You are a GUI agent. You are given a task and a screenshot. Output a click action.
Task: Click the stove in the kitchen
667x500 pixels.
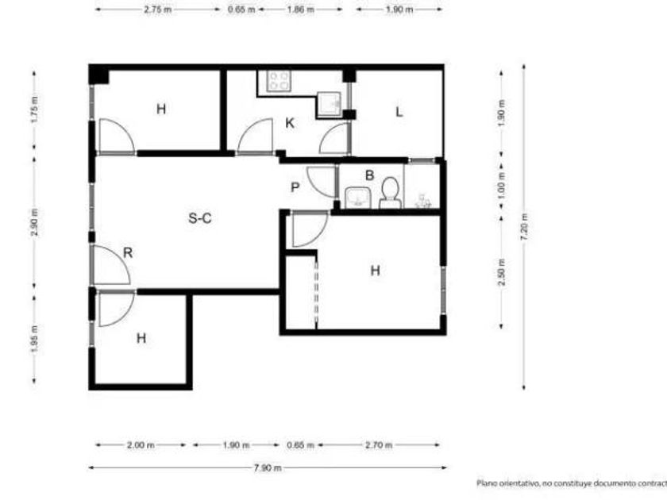coord(279,81)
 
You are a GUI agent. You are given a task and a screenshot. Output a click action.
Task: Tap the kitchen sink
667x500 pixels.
coord(329,103)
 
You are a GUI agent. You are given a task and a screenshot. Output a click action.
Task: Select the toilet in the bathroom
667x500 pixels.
coord(390,194)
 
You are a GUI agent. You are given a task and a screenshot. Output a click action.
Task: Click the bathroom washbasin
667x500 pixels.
coord(358,198)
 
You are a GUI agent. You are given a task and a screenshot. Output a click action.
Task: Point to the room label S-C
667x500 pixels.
coord(200,218)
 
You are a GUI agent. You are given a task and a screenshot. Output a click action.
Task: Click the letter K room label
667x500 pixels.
coord(290,123)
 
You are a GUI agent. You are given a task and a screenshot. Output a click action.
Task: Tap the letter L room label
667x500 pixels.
coord(399,112)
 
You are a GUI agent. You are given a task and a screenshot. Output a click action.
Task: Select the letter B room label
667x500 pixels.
coord(370,175)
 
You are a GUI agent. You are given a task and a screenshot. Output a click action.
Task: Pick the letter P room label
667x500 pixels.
coord(295,187)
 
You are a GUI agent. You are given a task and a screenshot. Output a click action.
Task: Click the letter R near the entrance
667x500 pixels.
coord(128,252)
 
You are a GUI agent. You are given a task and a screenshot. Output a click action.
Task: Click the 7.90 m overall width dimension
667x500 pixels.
coord(268,467)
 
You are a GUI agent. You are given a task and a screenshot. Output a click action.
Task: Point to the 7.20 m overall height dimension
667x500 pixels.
coord(524,227)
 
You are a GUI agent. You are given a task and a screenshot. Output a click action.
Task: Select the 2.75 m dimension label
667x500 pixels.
coord(157,10)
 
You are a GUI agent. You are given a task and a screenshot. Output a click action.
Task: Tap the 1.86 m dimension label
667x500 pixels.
coord(300,10)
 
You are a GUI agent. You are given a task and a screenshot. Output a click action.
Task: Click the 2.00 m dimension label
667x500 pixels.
coord(141,445)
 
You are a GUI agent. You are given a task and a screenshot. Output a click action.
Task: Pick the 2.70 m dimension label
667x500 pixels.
coord(379,445)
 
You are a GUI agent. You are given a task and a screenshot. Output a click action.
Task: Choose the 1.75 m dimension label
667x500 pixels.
coord(34,110)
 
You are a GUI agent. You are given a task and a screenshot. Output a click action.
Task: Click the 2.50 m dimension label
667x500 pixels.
coord(502,272)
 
